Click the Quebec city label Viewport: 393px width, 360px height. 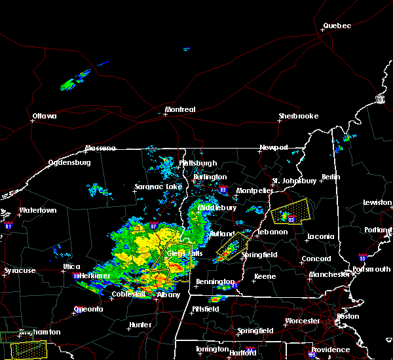pos(337,26)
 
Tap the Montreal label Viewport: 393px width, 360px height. pos(180,109)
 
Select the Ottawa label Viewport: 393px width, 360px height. pos(45,117)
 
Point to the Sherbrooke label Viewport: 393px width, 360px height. pos(298,116)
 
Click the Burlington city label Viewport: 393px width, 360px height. pos(210,177)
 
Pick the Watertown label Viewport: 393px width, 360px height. pos(37,210)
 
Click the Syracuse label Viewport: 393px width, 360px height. pos(20,270)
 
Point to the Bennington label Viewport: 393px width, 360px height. pos(215,281)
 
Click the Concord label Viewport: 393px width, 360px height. pos(316,259)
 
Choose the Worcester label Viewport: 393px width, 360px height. pos(302,321)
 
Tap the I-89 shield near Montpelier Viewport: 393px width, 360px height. pos(223,190)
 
